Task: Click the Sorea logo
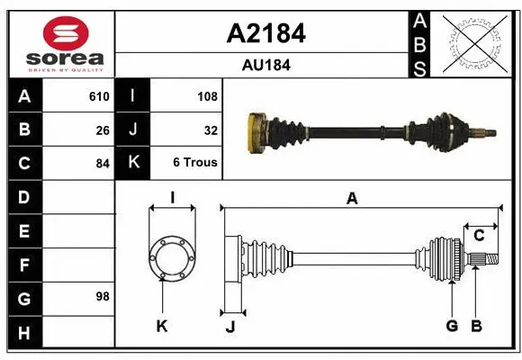60,43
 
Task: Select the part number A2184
265,33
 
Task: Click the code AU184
265,65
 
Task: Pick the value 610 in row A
98,96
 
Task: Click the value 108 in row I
207,96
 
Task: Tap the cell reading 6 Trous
195,164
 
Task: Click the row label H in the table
23,332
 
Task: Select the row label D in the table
23,197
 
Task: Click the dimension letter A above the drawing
352,199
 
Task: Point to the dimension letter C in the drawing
479,236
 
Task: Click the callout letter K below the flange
162,327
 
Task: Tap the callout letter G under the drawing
452,327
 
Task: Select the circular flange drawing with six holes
170,257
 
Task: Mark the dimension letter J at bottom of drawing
230,327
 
